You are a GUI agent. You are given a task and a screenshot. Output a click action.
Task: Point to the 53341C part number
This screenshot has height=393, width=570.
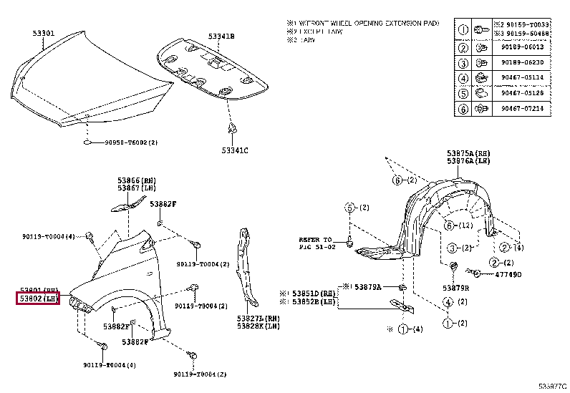[234, 150]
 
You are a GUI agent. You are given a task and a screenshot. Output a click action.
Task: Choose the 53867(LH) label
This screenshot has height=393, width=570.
[137, 188]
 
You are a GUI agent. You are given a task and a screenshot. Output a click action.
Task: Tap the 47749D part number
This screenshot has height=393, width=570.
[509, 274]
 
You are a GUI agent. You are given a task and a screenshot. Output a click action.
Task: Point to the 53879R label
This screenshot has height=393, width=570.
[455, 288]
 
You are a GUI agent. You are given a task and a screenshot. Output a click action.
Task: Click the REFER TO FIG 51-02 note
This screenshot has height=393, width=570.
[316, 243]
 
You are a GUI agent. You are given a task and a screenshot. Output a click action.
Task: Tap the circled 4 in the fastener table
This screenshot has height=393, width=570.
[463, 78]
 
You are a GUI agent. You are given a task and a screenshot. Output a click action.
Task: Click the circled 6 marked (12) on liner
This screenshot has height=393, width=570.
[448, 226]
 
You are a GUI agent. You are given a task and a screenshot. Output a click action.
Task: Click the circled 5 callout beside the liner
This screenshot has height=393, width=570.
[349, 208]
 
